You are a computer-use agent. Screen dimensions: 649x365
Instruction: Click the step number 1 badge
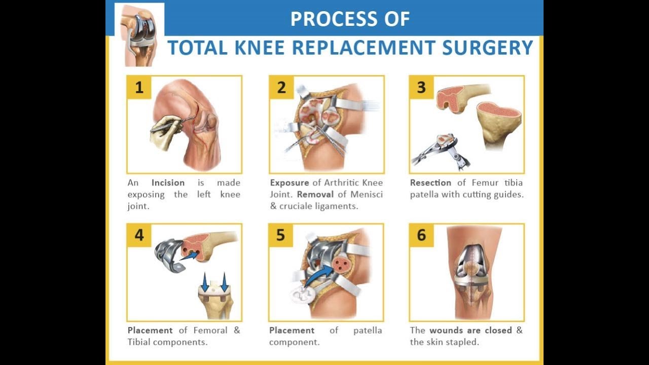(x=139, y=87)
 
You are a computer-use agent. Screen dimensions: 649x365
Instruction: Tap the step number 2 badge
(x=281, y=87)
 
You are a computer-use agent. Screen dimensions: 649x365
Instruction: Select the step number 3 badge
(x=421, y=87)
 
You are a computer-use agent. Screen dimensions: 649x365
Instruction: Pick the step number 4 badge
(x=139, y=235)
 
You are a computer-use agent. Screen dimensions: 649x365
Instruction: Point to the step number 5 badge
(x=281, y=235)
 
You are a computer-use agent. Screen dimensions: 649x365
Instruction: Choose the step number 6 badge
(x=421, y=235)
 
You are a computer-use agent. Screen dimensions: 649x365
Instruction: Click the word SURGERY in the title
(x=488, y=48)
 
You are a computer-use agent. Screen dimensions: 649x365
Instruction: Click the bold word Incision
(x=168, y=183)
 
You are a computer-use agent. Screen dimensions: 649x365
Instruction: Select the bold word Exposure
(x=290, y=183)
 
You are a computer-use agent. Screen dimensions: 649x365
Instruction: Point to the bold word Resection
(x=430, y=183)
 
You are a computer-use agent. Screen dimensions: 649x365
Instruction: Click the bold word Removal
(x=315, y=194)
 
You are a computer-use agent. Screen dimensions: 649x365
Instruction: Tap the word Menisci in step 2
(x=367, y=194)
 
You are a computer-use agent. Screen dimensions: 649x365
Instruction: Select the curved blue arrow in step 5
(x=317, y=275)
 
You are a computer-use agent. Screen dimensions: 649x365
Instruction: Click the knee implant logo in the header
(x=140, y=35)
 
